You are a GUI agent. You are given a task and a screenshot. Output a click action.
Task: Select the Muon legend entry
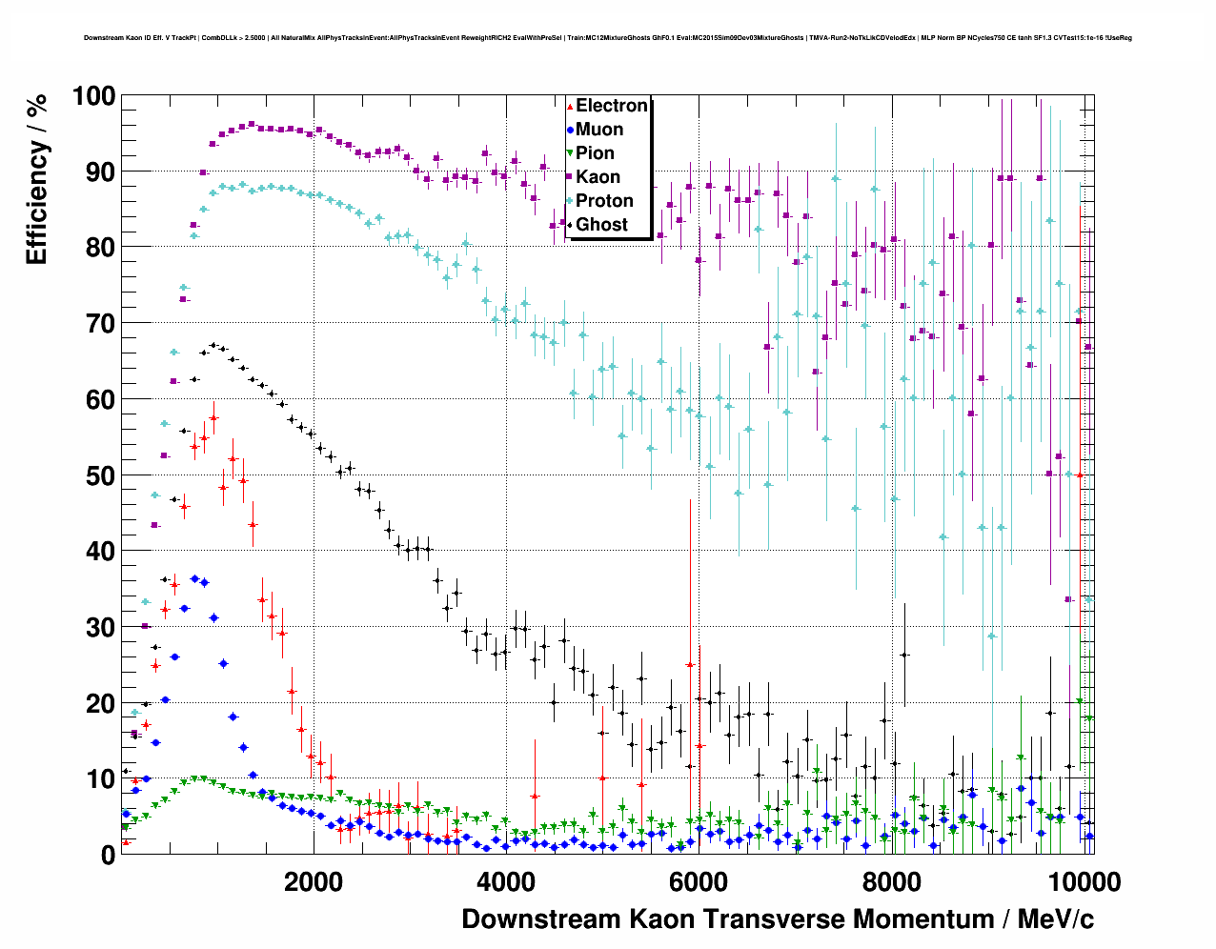pos(599,130)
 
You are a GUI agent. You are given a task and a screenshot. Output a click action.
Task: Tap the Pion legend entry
pos(595,153)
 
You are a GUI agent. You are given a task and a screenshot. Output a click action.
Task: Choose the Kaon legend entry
pos(598,177)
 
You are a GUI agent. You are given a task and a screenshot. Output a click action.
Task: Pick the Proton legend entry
pos(604,201)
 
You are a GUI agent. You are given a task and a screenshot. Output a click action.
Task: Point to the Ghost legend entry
pos(601,225)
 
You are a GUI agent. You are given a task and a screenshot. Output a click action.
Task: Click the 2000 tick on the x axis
pos(314,881)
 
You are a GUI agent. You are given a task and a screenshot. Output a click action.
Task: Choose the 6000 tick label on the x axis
pos(699,881)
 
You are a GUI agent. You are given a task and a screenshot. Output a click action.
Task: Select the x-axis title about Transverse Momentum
pos(778,919)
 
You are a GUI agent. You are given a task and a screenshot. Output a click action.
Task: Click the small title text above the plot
pos(608,38)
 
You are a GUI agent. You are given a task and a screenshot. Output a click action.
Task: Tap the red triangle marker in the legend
pos(570,106)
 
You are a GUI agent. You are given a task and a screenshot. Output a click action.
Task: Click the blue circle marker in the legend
pos(570,130)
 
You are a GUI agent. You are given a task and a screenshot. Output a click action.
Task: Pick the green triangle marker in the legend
pos(570,153)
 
